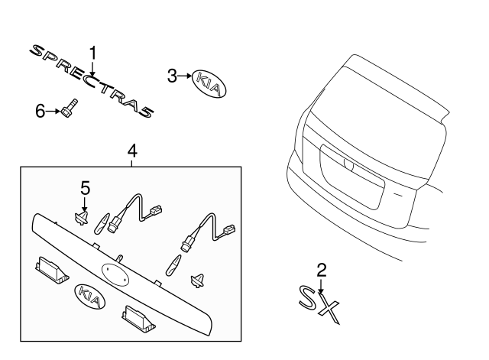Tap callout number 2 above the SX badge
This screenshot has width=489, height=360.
(x=322, y=269)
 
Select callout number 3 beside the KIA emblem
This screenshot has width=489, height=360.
(x=172, y=75)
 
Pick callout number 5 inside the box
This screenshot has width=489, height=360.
(x=86, y=187)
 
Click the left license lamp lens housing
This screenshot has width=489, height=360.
(x=47, y=268)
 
